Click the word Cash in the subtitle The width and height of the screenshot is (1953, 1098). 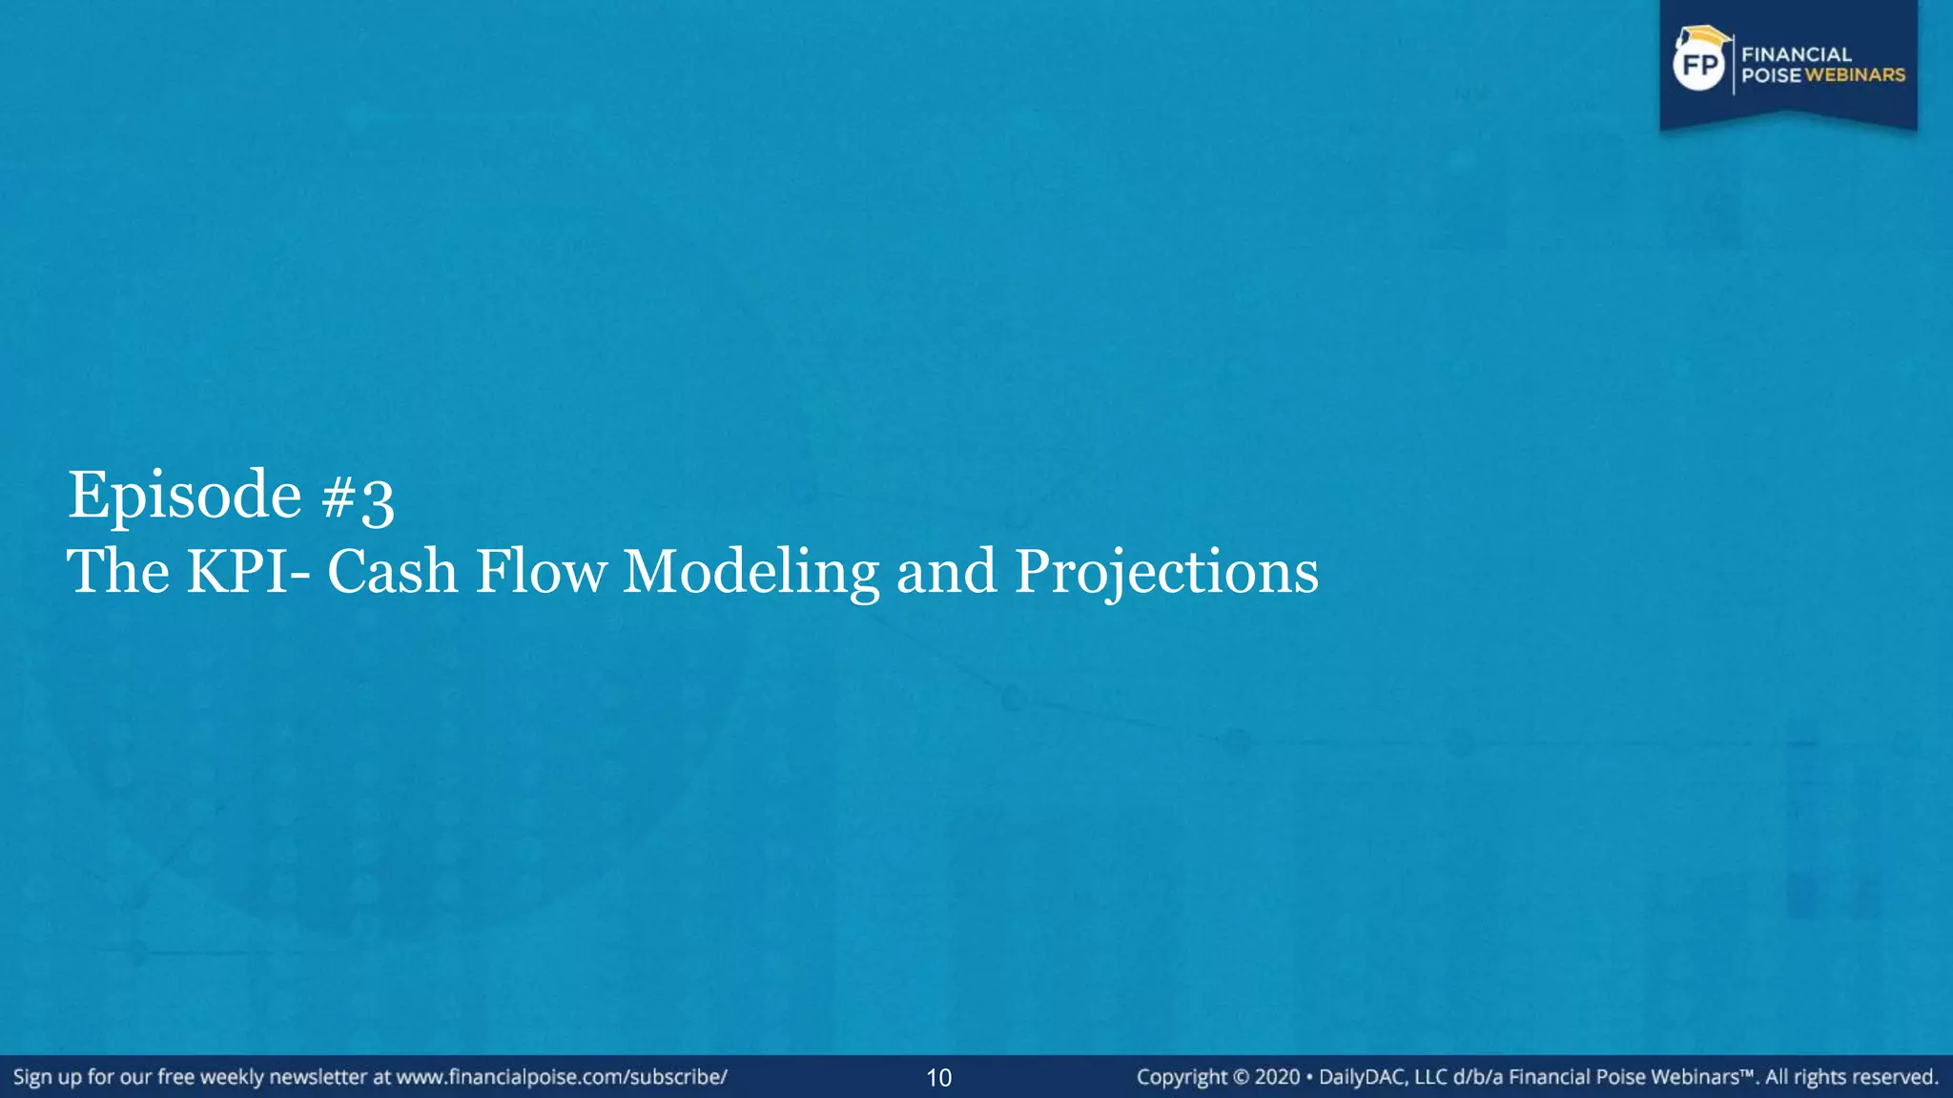[x=392, y=572]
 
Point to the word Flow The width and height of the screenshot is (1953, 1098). [x=541, y=572]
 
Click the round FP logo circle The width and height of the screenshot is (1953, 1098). [x=1700, y=65]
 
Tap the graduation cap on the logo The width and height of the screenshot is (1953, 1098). [x=1703, y=37]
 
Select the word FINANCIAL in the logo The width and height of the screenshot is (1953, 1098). [x=1797, y=54]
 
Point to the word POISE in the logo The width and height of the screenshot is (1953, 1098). [x=1771, y=75]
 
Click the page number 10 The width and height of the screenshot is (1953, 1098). [x=939, y=1078]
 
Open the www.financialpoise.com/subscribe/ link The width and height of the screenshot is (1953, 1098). [x=562, y=1077]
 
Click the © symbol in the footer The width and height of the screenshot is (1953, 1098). [x=1241, y=1078]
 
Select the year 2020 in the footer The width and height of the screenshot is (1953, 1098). [x=1278, y=1077]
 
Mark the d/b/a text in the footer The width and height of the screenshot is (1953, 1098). [x=1478, y=1077]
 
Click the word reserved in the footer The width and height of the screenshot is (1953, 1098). [x=1894, y=1077]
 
